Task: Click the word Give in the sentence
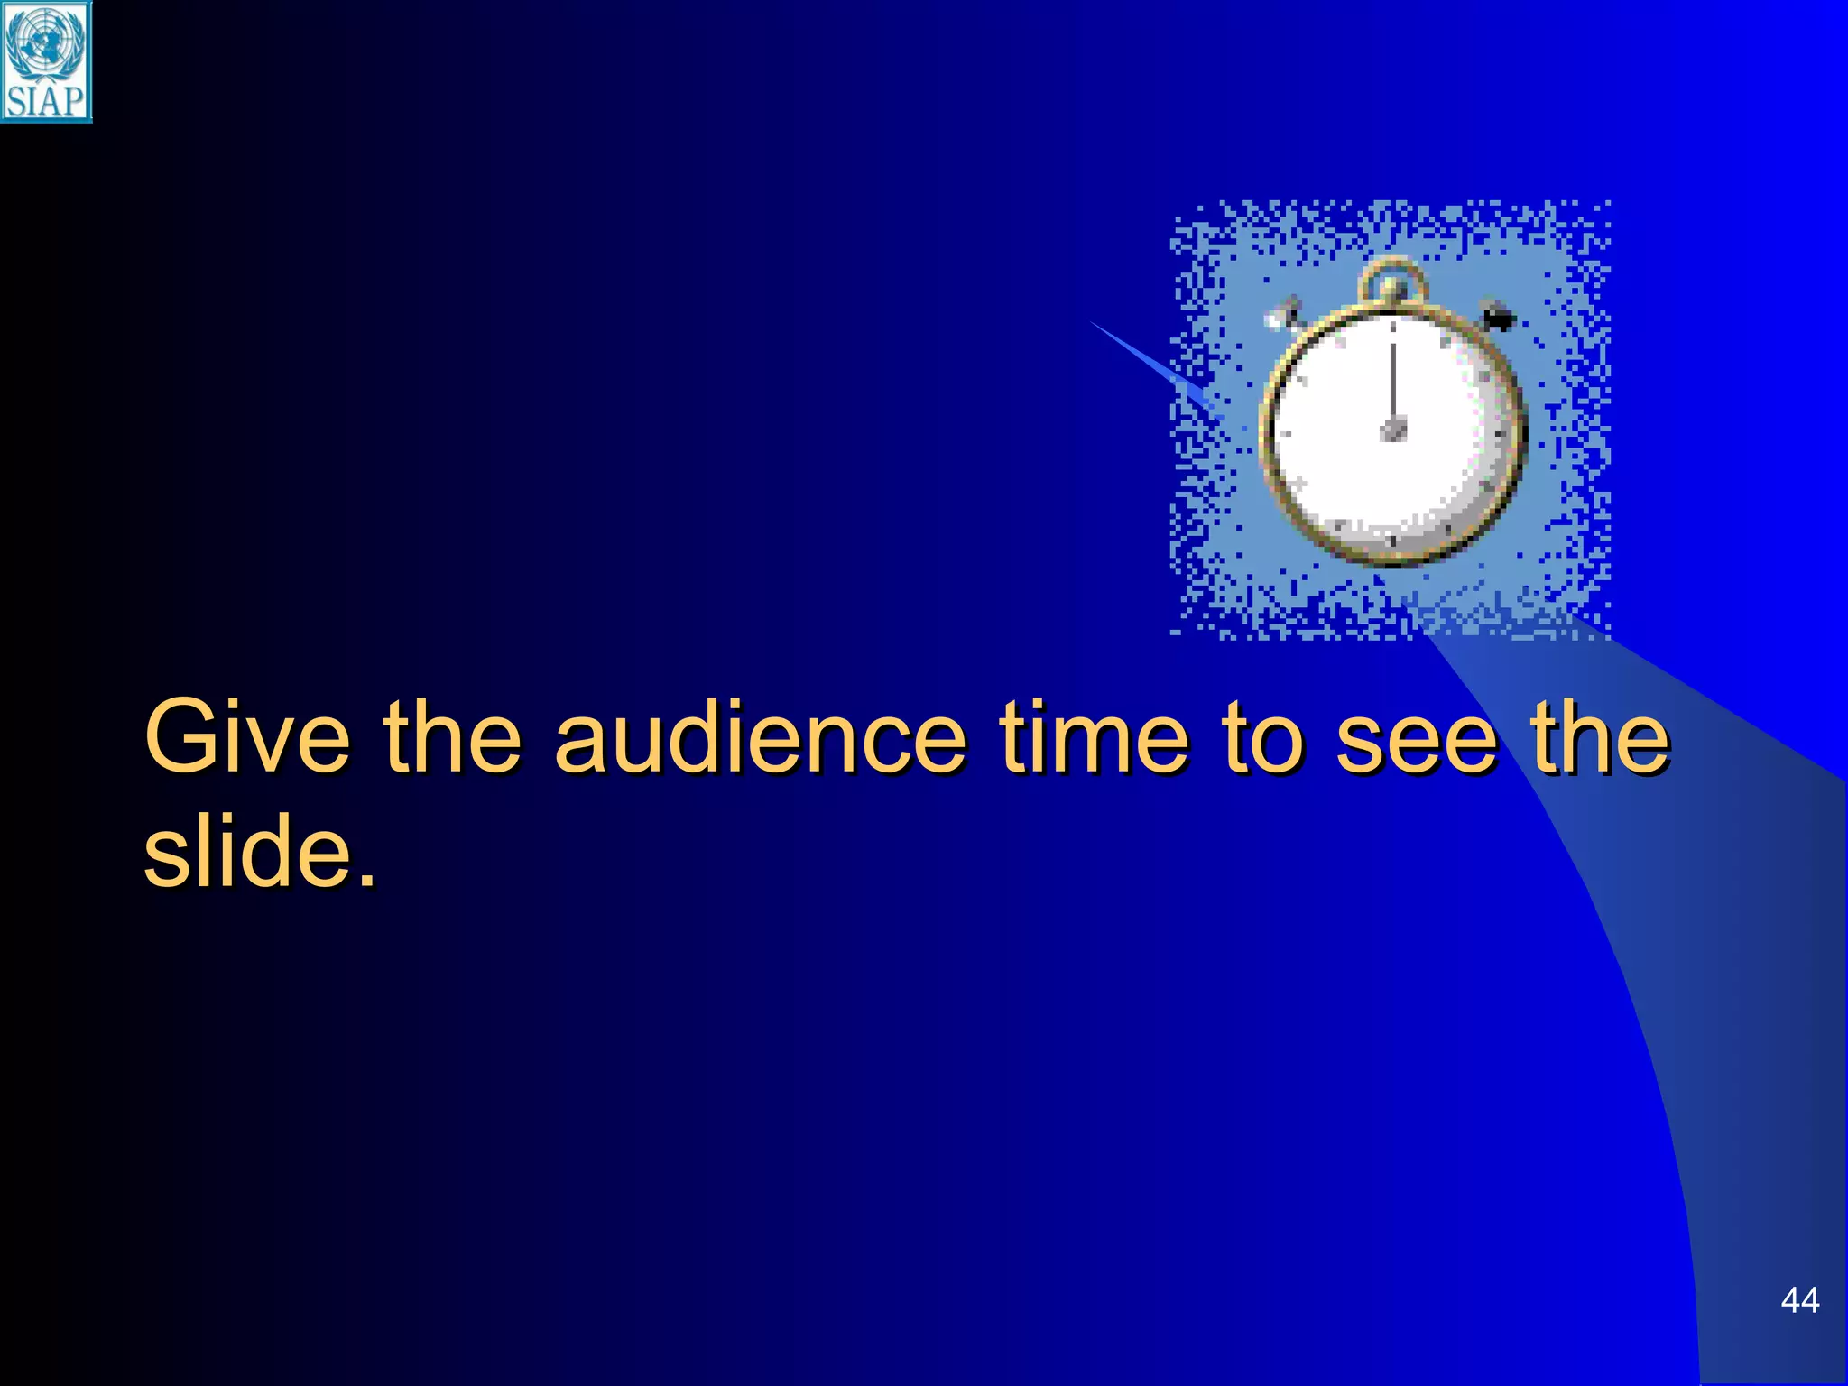tap(246, 736)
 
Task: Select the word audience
tap(760, 736)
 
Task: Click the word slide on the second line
tap(246, 850)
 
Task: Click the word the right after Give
tap(452, 736)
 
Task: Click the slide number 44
tap(1799, 1300)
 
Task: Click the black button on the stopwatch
tap(1498, 317)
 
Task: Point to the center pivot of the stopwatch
tap(1394, 428)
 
